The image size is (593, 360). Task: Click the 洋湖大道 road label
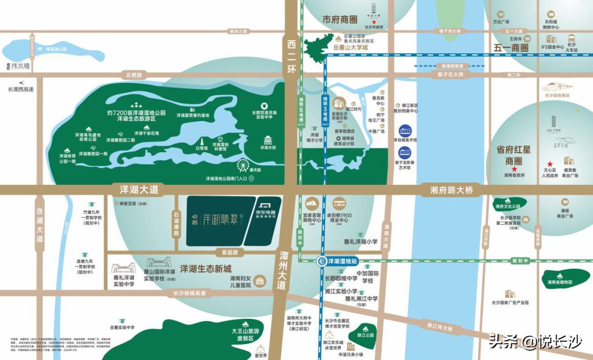tap(139, 189)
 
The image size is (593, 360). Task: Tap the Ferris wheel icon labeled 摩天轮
tap(242, 165)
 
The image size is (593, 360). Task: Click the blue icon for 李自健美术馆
tap(405, 131)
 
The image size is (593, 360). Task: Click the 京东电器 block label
tap(266, 214)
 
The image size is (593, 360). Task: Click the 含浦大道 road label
tap(39, 224)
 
